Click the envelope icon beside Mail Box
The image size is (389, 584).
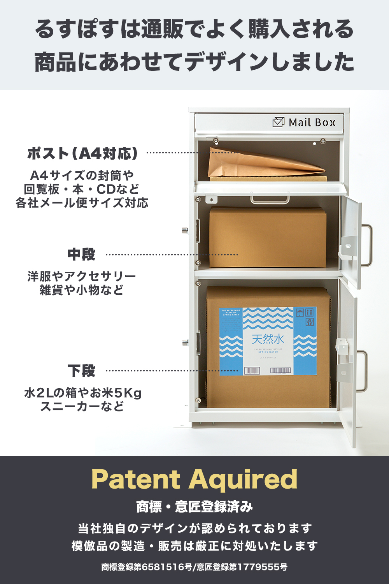click(x=279, y=122)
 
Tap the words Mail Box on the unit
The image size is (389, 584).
click(x=312, y=123)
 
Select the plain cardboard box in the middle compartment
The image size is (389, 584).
click(x=268, y=237)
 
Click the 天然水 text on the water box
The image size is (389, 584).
click(x=268, y=339)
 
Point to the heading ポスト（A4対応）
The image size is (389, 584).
click(x=82, y=153)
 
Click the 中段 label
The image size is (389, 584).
click(x=81, y=255)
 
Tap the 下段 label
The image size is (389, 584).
click(x=81, y=371)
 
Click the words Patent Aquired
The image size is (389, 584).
click(x=194, y=479)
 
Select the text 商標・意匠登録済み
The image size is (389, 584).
click(x=194, y=507)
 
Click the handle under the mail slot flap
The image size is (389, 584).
click(x=270, y=200)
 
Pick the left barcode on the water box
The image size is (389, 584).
click(x=252, y=371)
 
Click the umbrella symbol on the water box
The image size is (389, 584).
click(x=300, y=312)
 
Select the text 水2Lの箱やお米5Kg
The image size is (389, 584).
click(x=82, y=393)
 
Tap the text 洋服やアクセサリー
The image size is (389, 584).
click(x=82, y=276)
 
